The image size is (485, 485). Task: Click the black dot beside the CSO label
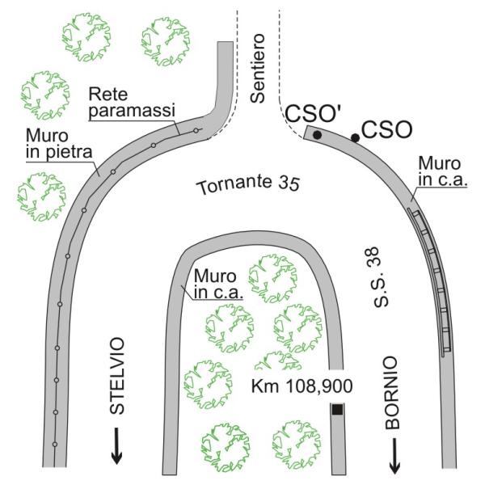coord(355,139)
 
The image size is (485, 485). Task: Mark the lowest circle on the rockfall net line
coord(54,445)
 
